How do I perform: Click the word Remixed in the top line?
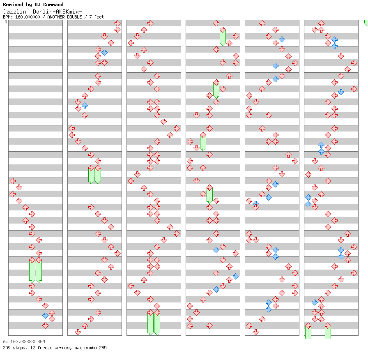13,5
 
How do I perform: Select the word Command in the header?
53,5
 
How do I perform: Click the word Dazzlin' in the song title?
16,12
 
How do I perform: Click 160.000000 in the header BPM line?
28,17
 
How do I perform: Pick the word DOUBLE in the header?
74,17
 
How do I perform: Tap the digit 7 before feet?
91,17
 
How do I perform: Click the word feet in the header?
99,17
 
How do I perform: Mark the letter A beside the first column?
6,22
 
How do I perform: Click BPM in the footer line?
41,342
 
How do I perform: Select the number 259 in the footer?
7,348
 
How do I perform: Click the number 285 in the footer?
103,348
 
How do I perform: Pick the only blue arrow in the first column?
45,316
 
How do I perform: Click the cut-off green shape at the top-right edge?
366,23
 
